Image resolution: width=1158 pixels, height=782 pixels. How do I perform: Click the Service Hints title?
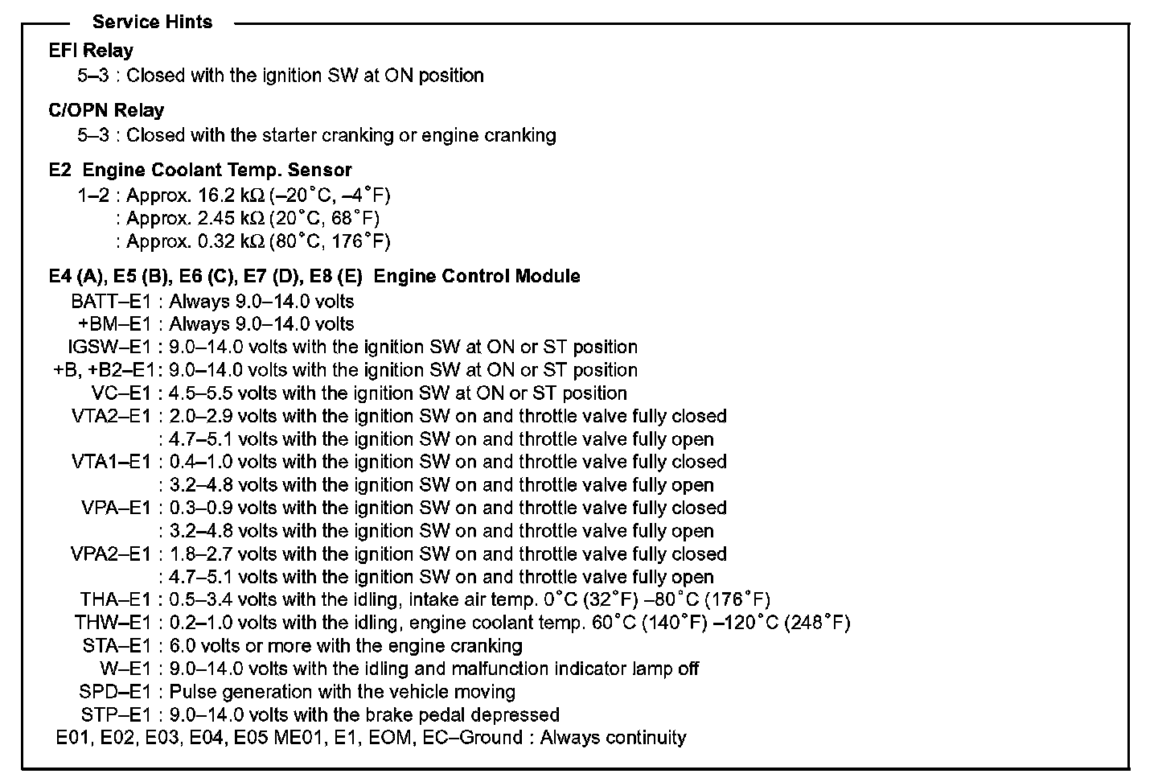152,22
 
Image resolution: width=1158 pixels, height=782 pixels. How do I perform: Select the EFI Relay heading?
91,51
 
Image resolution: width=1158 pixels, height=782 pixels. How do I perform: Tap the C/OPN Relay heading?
106,110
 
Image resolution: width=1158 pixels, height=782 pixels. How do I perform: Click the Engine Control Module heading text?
477,276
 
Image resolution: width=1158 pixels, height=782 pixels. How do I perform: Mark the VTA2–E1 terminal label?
111,416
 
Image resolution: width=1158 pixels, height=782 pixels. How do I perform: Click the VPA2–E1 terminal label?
111,554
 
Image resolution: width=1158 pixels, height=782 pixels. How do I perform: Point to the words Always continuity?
613,738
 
